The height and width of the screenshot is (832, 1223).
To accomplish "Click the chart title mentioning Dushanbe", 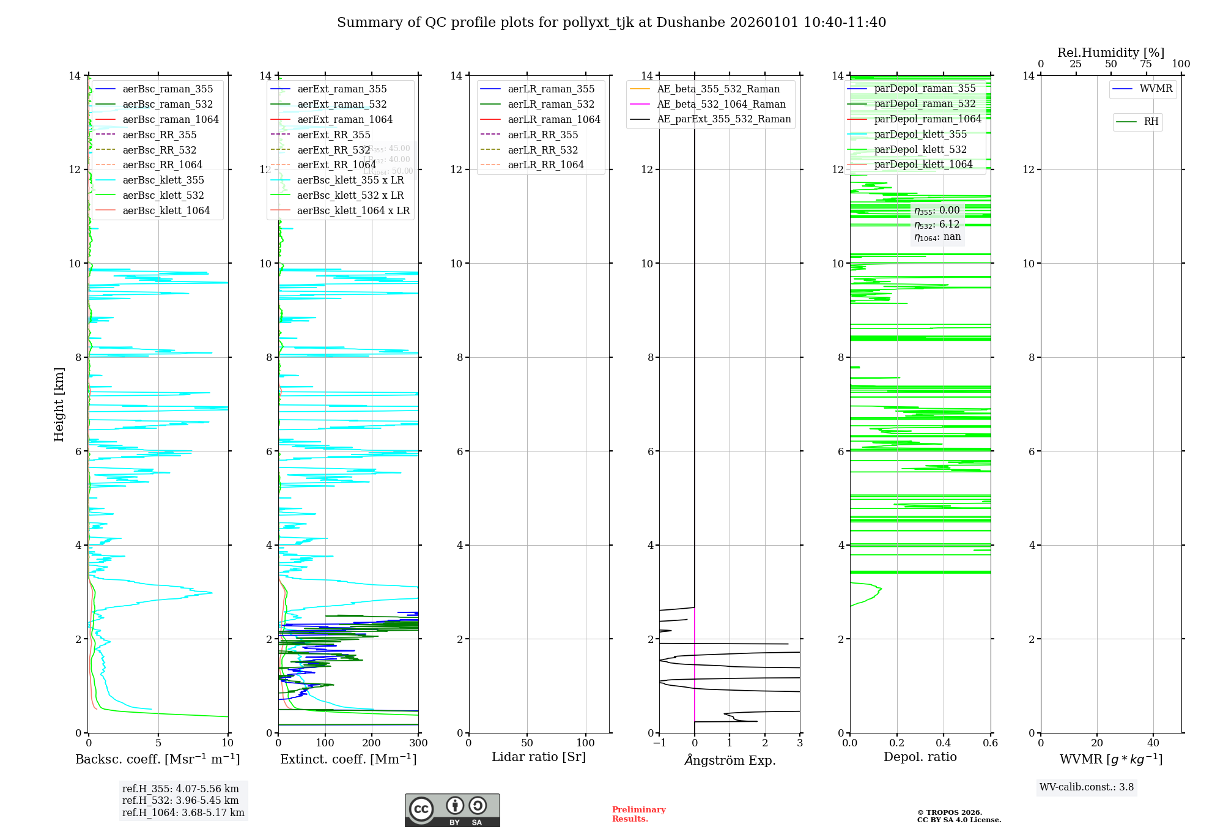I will coord(611,23).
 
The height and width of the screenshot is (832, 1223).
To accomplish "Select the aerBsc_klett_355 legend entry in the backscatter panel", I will coord(163,180).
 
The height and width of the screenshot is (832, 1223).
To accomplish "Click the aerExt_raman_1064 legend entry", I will coord(345,119).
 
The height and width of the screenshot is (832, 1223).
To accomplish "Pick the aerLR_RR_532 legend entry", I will coord(542,150).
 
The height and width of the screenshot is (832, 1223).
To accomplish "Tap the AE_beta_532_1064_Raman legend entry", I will coord(721,104).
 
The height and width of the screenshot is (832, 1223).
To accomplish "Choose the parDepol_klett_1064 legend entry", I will coord(923,164).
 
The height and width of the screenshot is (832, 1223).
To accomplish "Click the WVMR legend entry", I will coord(1156,89).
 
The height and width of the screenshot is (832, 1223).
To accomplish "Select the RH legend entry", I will coord(1151,122).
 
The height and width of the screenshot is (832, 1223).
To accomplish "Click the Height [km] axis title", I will coord(59,404).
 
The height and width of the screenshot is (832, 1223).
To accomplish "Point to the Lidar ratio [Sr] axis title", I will coord(538,757).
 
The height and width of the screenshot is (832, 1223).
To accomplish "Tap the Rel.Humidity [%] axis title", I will coord(1110,53).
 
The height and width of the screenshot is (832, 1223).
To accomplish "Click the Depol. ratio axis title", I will coord(920,757).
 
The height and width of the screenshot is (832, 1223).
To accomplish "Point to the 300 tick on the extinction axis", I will coord(418,743).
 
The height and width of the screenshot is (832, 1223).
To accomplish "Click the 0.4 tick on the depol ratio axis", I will coord(944,743).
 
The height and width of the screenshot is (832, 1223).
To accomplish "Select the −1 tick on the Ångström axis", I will coord(659,743).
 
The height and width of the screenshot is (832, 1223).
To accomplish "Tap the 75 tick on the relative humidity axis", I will coord(1145,64).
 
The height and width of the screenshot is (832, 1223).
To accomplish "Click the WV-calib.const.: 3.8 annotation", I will coord(1087,787).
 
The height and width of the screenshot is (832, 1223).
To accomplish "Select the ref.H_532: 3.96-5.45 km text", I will coord(180,800).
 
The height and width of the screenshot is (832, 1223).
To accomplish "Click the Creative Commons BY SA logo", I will coord(452,810).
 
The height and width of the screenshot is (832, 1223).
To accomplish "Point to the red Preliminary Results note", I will coord(638,814).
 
